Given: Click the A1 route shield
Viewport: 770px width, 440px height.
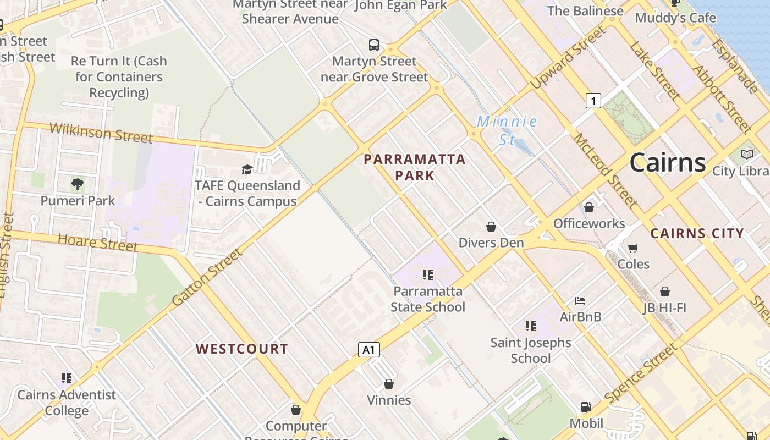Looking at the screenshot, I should [x=369, y=349].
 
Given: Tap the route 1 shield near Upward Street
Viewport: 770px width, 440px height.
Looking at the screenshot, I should [x=593, y=101].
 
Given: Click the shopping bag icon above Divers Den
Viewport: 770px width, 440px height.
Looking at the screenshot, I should [x=491, y=227].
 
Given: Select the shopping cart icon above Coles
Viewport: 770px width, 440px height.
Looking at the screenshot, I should [x=633, y=248].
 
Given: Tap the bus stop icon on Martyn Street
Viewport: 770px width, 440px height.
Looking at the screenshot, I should [x=374, y=45].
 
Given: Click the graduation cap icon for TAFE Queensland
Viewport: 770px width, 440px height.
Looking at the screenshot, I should [x=247, y=169].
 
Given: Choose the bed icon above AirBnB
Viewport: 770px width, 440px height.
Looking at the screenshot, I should [x=580, y=300].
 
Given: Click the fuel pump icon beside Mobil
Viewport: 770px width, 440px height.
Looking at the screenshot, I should [x=586, y=408].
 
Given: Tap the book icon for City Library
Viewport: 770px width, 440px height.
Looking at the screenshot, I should [x=747, y=155].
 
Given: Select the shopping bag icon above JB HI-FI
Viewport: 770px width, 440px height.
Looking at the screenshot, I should [x=665, y=291].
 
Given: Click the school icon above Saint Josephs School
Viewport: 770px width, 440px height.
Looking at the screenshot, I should [x=531, y=326].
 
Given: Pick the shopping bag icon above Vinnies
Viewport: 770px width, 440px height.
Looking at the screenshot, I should [x=389, y=384].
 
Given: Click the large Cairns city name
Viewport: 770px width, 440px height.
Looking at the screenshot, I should [x=668, y=162].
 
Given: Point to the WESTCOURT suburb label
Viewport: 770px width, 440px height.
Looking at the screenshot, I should [x=242, y=349].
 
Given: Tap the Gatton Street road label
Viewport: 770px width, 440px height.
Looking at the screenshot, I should [x=207, y=278].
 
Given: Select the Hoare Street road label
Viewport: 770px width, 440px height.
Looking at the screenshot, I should [x=97, y=242].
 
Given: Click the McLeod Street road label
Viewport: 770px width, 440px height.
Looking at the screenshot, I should [x=605, y=169].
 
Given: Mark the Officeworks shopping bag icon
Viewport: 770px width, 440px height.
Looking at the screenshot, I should [x=589, y=207].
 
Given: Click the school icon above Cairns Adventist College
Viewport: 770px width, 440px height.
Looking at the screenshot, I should [x=67, y=378].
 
